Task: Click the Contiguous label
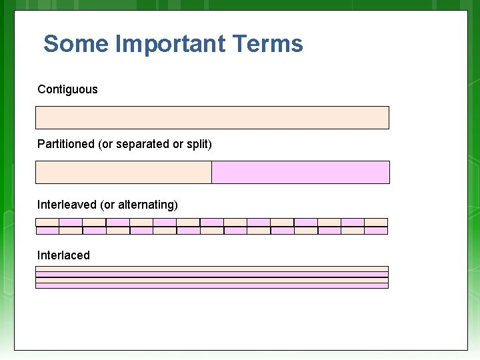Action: click(x=67, y=89)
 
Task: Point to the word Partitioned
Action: click(x=66, y=144)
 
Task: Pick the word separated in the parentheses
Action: click(x=143, y=144)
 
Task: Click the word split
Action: click(x=197, y=144)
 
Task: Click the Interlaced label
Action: click(x=63, y=255)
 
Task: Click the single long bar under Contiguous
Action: click(x=212, y=117)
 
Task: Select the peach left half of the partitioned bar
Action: click(x=123, y=172)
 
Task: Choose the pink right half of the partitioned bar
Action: click(x=300, y=172)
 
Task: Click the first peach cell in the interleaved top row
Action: click(x=47, y=222)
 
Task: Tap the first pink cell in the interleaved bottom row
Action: click(x=47, y=231)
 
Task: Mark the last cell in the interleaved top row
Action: click(x=376, y=222)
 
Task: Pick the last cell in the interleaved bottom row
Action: click(x=376, y=231)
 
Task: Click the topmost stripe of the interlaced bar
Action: click(x=212, y=269)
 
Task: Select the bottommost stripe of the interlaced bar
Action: click(x=212, y=285)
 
